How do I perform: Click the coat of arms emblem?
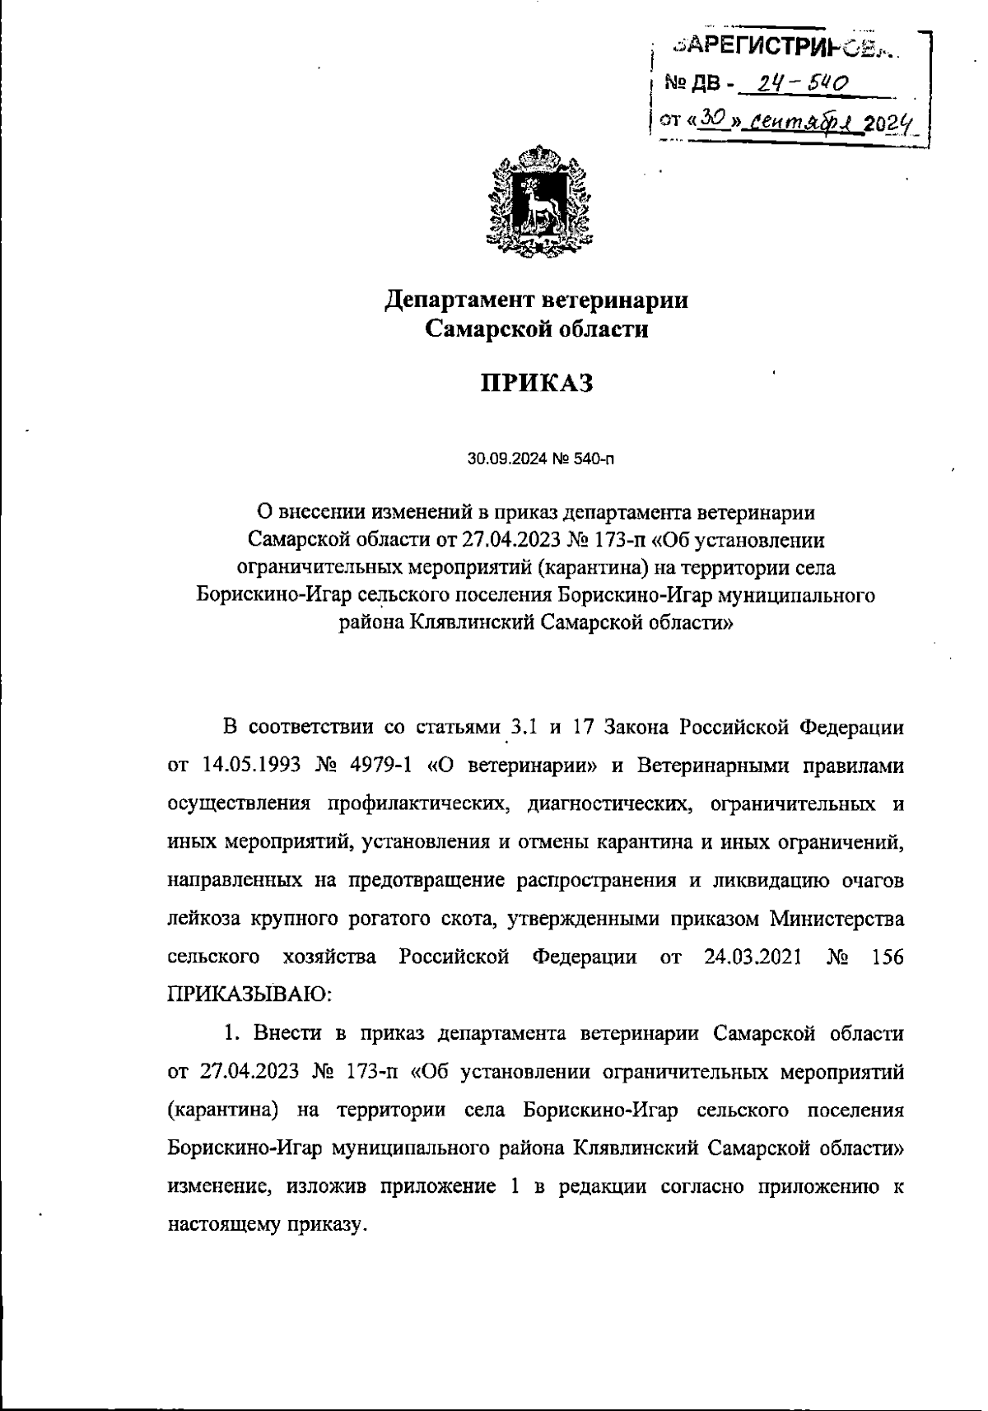click(x=537, y=200)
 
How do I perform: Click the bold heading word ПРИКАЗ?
click(x=537, y=384)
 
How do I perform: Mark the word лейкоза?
click(x=203, y=919)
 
